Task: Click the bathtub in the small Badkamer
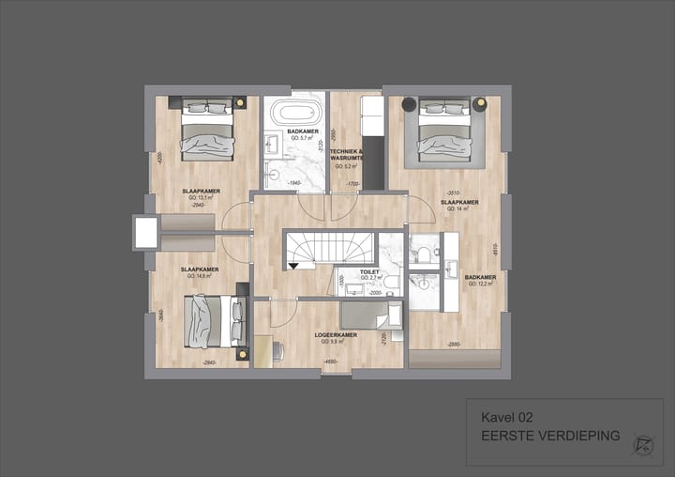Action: tap(281, 114)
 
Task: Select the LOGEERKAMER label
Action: tap(335, 335)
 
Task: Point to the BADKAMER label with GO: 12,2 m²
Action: tap(480, 278)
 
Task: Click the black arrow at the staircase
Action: tap(296, 266)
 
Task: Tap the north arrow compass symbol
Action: tap(642, 440)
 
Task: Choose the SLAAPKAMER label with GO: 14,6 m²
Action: tap(200, 269)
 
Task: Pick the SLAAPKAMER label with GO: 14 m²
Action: tap(460, 202)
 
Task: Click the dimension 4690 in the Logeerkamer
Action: tap(330, 361)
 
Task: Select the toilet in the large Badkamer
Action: tap(423, 254)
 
